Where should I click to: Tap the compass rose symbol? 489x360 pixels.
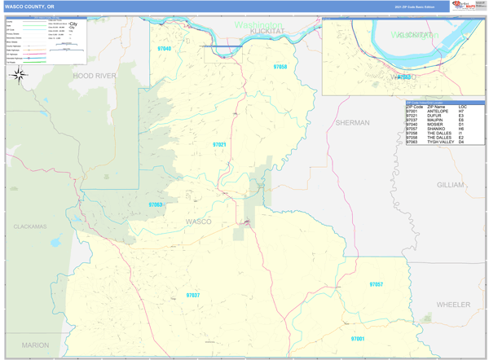pyautogui.click(x=19, y=75)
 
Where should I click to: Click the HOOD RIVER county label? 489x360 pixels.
pyautogui.click(x=95, y=75)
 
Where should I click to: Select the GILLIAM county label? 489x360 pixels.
pyautogui.click(x=450, y=185)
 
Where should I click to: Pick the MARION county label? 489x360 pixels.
pyautogui.click(x=36, y=345)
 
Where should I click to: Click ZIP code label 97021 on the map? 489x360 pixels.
pyautogui.click(x=219, y=144)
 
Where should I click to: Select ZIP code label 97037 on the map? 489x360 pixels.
pyautogui.click(x=192, y=295)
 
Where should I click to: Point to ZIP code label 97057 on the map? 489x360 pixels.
pyautogui.click(x=376, y=284)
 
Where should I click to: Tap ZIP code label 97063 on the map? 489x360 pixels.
pyautogui.click(x=156, y=205)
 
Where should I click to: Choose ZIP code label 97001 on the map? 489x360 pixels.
pyautogui.click(x=358, y=338)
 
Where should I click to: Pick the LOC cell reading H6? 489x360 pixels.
pyautogui.click(x=461, y=128)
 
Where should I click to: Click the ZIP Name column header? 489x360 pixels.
pyautogui.click(x=436, y=107)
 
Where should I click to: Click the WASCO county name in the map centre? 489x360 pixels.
pyautogui.click(x=198, y=222)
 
